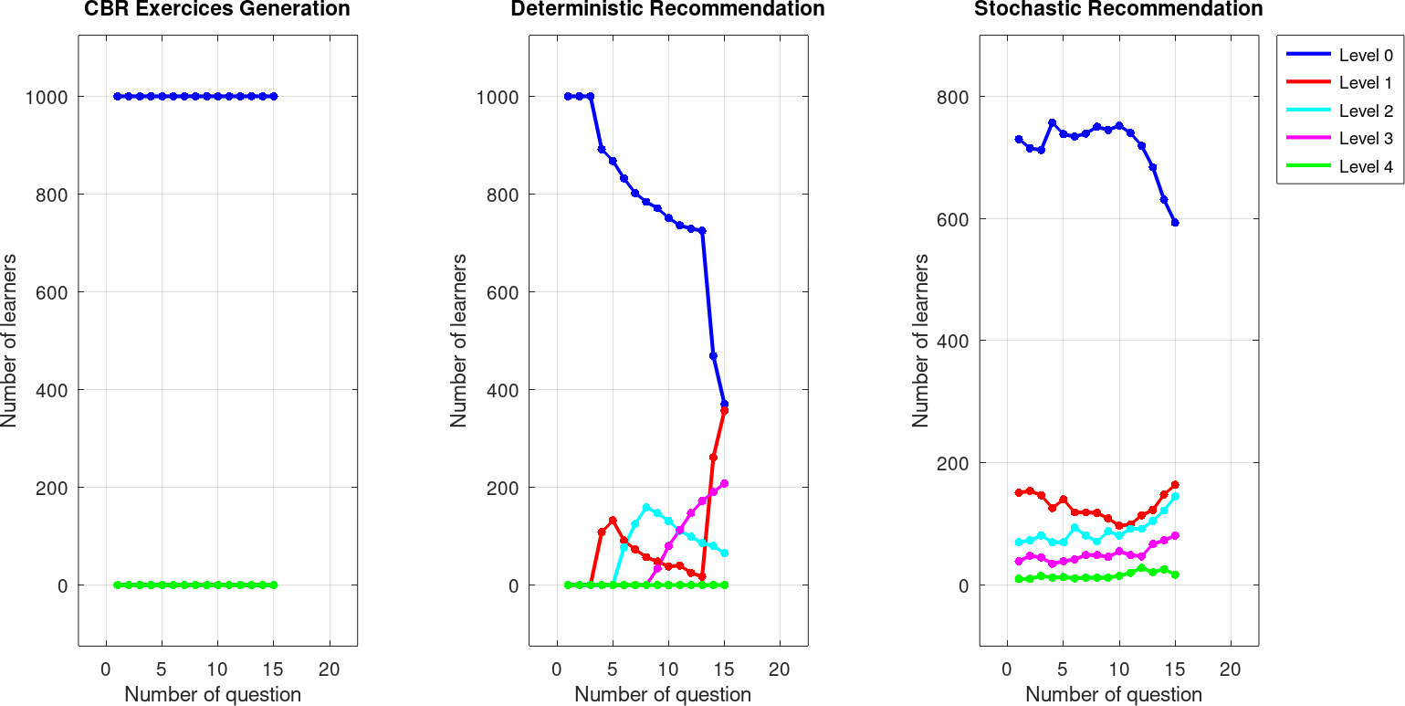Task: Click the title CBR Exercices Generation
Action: (216, 10)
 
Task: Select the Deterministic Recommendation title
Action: (667, 10)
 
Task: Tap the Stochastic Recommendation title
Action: (1118, 10)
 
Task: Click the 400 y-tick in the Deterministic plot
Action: (500, 390)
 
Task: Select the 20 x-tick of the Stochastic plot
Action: (1231, 669)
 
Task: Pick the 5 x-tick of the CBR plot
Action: (162, 669)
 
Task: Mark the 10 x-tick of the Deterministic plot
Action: (668, 669)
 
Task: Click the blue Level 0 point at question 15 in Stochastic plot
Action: (1175, 222)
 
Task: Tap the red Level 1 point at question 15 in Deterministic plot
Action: (724, 411)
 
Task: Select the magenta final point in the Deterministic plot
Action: (724, 483)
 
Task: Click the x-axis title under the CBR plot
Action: (213, 694)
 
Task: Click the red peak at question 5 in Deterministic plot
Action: (613, 521)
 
